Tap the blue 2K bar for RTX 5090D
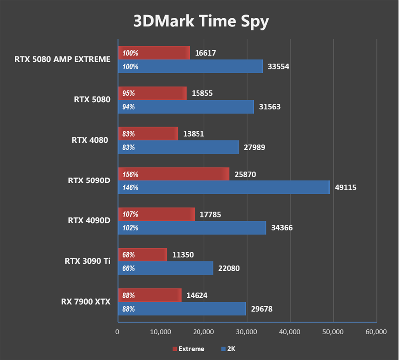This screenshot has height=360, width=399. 223,188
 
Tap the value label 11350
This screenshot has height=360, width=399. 184,255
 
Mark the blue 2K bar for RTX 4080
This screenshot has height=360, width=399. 178,148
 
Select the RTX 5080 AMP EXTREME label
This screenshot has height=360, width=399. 62,59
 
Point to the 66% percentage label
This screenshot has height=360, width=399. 128,269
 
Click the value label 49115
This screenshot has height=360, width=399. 345,188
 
